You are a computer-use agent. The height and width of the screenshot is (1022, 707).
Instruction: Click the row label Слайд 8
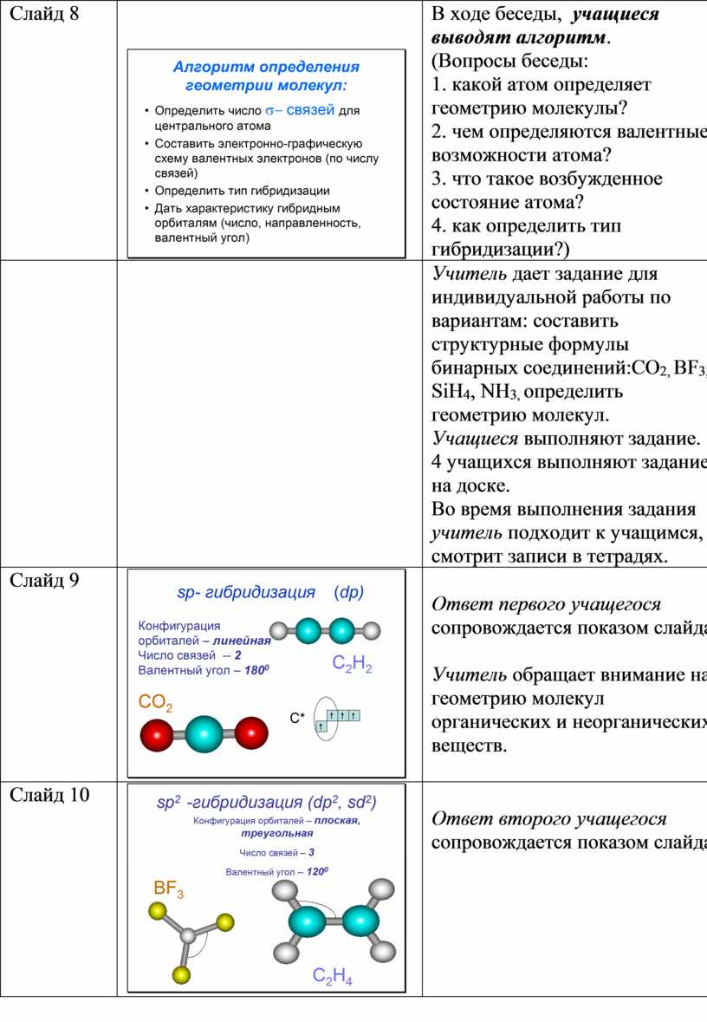tap(44, 15)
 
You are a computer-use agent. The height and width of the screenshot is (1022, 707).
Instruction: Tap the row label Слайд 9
tap(44, 581)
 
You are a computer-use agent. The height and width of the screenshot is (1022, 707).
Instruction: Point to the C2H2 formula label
tap(352, 666)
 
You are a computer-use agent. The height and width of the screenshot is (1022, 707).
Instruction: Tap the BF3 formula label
tap(169, 889)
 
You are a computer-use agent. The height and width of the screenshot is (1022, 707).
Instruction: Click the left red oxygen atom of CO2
tap(159, 736)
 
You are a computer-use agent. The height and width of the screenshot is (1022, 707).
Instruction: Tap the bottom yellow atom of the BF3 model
tap(181, 975)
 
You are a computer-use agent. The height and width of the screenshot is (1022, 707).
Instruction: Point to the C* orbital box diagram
tap(336, 720)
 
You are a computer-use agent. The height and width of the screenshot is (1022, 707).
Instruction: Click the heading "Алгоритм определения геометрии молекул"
tap(266, 75)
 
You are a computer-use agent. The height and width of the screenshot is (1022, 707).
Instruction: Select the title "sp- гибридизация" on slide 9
tap(245, 593)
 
